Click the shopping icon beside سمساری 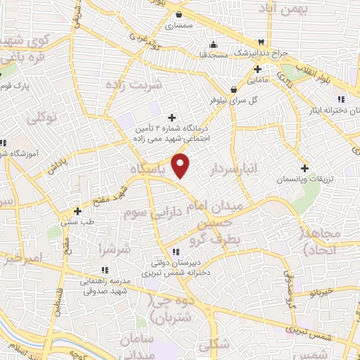coord(179,14)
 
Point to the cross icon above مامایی coord(258,69)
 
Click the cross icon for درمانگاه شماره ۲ coord(172,117)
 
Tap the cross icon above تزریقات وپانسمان coord(304,169)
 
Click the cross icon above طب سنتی coord(77,210)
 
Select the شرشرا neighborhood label coord(115,249)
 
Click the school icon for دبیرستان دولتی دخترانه coord(176,251)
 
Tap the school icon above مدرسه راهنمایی coord(105,269)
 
